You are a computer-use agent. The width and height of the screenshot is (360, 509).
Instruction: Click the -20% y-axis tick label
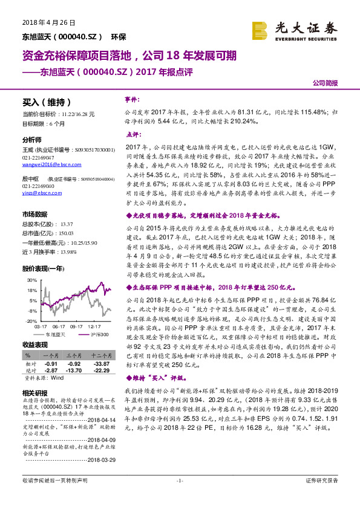point(31,320)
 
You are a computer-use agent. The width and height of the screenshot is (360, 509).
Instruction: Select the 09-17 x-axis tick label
point(76,326)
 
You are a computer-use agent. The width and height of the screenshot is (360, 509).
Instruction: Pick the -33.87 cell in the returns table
point(102,364)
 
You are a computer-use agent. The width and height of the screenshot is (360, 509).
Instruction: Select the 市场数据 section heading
point(34,215)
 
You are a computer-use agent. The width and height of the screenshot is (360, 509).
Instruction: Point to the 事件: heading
point(131,99)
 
